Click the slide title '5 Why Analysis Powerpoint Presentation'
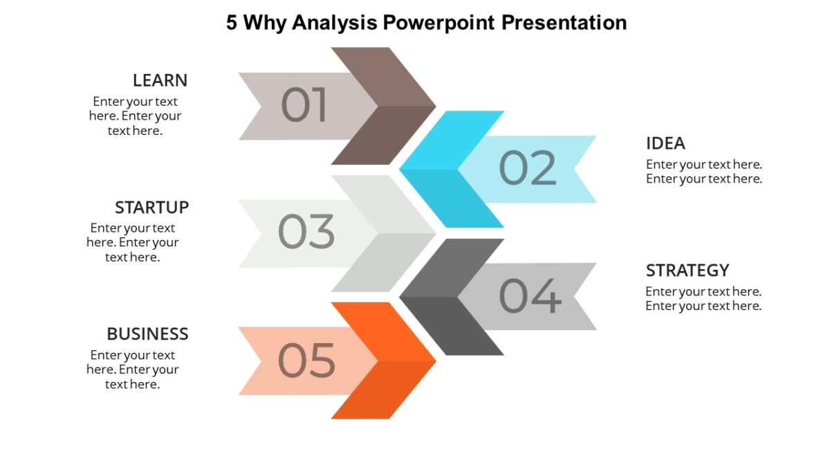tap(426, 23)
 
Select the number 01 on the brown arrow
tap(304, 106)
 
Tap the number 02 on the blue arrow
tap(527, 168)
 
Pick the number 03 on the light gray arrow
tap(306, 232)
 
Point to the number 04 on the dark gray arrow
tap(530, 295)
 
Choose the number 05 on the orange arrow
tap(306, 360)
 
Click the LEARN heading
tap(160, 80)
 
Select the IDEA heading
tap(665, 143)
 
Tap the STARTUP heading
tap(151, 208)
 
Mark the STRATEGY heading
tap(688, 270)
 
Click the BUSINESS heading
tap(147, 334)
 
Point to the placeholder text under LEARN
tap(135, 116)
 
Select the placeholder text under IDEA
tap(703, 172)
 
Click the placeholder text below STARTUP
tap(133, 242)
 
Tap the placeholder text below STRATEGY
tap(703, 298)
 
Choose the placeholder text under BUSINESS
tap(133, 369)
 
